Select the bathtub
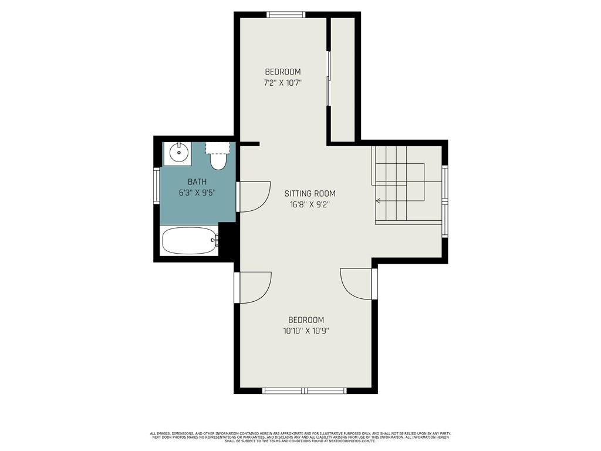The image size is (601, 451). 190,240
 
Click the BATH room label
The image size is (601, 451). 197,182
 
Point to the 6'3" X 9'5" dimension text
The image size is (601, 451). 197,193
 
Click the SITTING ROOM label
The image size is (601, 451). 310,193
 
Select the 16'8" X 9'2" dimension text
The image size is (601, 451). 310,204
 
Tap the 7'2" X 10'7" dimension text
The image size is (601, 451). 283,82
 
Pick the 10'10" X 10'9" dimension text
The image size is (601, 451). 306,331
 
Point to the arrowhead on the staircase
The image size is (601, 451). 378,201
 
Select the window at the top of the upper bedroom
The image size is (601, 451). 286,15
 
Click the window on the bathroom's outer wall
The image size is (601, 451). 156,185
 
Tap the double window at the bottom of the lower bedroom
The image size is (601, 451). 305,391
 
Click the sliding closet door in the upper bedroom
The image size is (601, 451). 328,78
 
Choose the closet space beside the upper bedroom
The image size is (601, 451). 343,79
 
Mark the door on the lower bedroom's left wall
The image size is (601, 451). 253,287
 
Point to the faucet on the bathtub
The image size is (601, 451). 215,240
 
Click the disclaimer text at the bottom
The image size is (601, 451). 300,437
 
